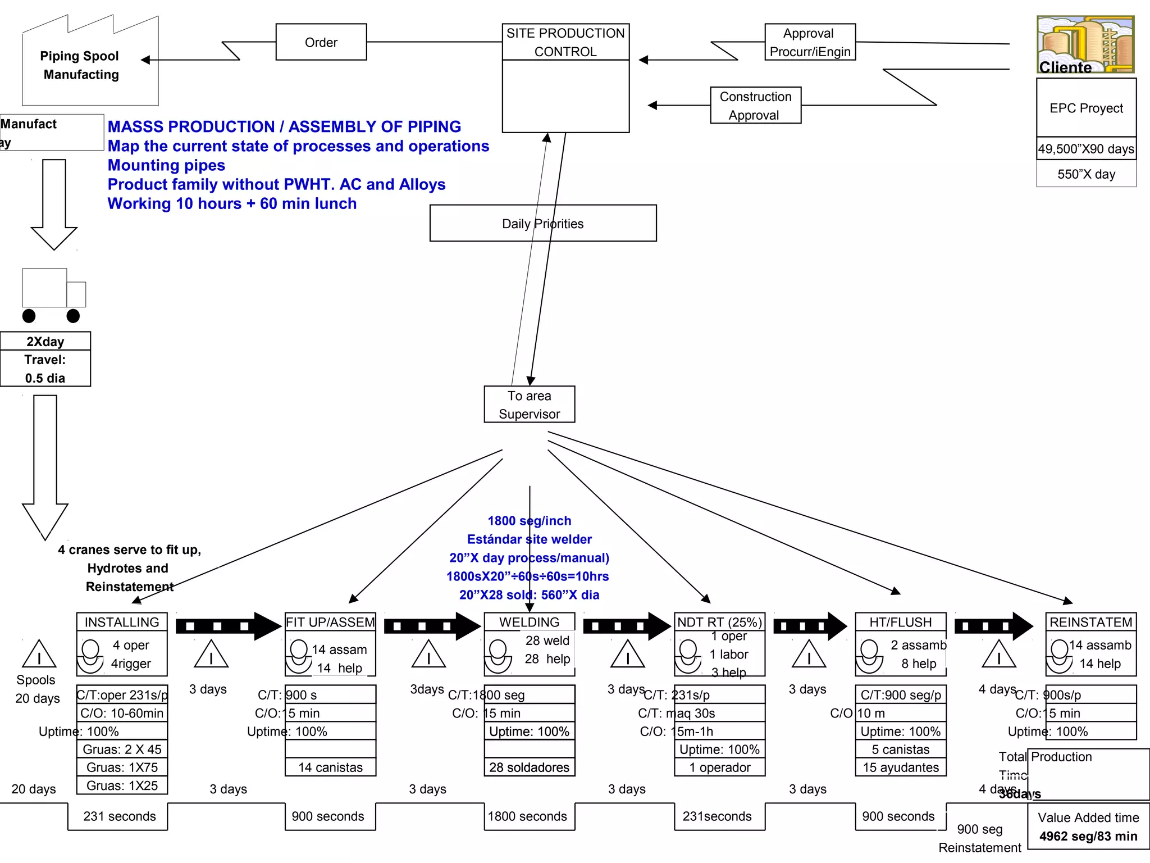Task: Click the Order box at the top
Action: click(x=321, y=42)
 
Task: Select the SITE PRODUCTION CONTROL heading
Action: click(x=565, y=42)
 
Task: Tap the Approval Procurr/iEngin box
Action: click(x=810, y=42)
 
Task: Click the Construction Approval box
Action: click(x=755, y=106)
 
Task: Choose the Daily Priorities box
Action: click(x=542, y=224)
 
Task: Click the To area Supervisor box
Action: click(x=529, y=405)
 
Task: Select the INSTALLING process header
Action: click(x=122, y=622)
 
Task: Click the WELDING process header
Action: click(x=529, y=622)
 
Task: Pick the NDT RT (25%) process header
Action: click(x=719, y=622)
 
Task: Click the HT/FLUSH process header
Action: click(x=900, y=622)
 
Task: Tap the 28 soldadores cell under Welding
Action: click(x=529, y=767)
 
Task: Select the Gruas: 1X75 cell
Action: click(x=122, y=767)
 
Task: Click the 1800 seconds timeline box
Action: click(x=527, y=816)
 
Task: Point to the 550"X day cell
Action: click(x=1086, y=174)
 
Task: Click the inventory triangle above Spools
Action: click(x=39, y=655)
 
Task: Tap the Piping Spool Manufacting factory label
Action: click(x=80, y=65)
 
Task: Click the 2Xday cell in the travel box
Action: click(x=45, y=342)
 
